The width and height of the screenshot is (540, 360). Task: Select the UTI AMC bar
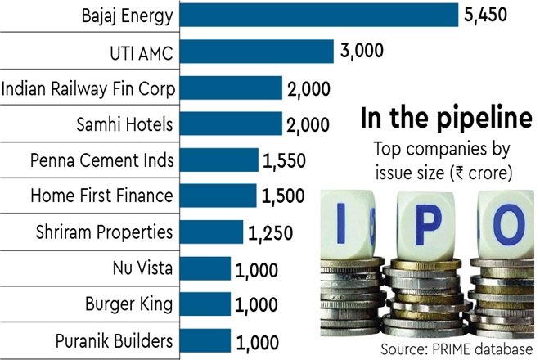pyautogui.click(x=255, y=51)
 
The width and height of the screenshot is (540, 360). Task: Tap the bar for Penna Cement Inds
pyautogui.click(x=218, y=160)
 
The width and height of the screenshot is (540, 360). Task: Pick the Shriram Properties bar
pyautogui.click(x=210, y=232)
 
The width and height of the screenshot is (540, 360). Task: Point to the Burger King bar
pyautogui.click(x=205, y=305)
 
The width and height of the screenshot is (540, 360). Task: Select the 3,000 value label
pyautogui.click(x=362, y=51)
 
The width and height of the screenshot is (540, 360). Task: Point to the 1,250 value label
pyautogui.click(x=272, y=233)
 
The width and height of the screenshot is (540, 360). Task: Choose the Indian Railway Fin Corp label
pyautogui.click(x=88, y=87)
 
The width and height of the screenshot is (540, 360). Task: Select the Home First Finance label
pyautogui.click(x=101, y=196)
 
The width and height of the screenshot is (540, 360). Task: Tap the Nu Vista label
pyautogui.click(x=142, y=268)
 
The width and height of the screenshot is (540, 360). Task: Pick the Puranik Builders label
pyautogui.click(x=115, y=341)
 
